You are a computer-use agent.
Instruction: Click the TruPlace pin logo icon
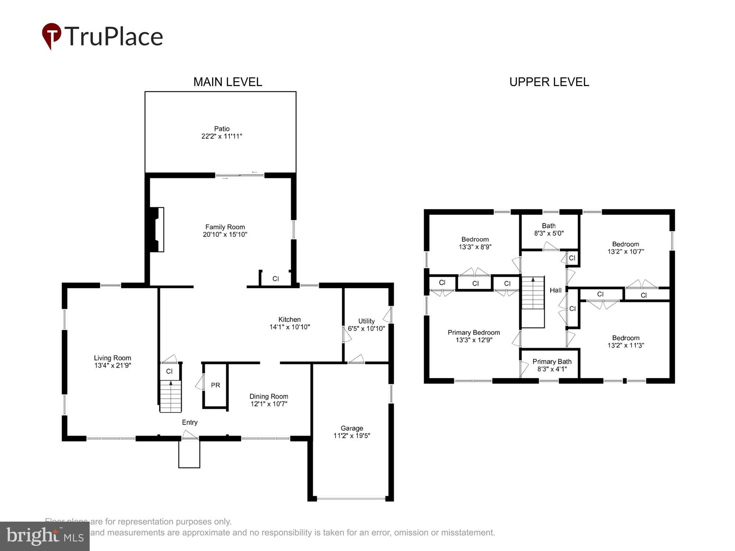point(51,35)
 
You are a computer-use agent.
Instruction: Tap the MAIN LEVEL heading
point(227,82)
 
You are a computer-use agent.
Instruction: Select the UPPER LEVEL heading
point(549,82)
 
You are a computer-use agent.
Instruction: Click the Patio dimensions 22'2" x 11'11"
point(222,136)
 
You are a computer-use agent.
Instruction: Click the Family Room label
point(225,227)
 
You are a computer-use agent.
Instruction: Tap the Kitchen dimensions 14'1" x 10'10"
point(290,327)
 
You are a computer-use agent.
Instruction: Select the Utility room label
point(366,321)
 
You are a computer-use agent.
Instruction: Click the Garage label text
point(352,428)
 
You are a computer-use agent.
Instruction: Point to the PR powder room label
point(215,385)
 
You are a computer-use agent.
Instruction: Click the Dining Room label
point(269,396)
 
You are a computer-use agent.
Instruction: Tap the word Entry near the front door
point(190,422)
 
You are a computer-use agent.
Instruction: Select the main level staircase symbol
point(171,396)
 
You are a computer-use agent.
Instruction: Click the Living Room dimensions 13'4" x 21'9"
point(112,365)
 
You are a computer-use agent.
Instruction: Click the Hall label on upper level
point(555,290)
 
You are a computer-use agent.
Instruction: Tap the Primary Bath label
point(552,362)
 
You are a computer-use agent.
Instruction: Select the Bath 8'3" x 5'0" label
point(549,230)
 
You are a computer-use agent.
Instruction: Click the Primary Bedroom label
point(474,332)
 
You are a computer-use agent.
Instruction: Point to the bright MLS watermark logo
point(45,536)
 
